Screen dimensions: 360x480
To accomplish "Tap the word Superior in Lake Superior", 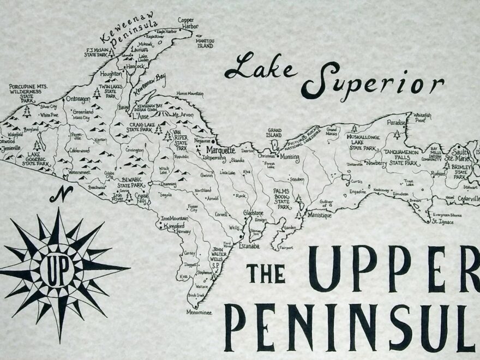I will pos(373,83).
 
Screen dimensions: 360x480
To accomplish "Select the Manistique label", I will pos(319,215).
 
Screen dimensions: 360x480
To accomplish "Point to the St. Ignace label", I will pos(442,221).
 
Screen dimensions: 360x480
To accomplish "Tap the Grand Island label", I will pos(274,133).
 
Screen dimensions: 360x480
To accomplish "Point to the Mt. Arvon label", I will pos(183,115).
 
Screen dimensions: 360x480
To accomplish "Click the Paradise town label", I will pos(397,123).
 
